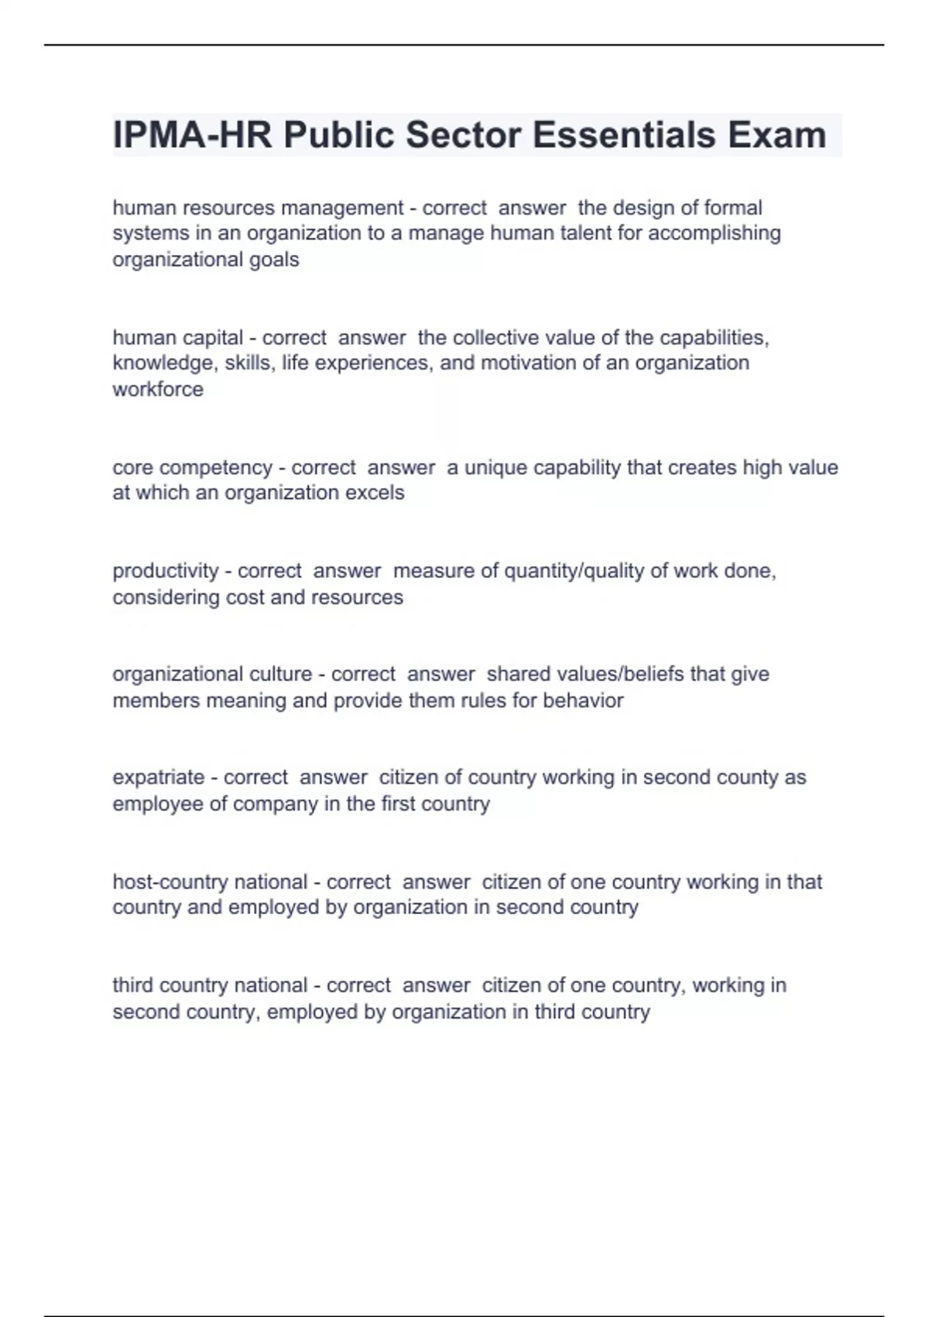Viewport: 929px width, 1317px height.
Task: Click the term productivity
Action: tap(165, 571)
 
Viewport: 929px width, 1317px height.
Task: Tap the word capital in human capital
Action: tap(210, 338)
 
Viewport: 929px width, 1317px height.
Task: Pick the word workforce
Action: tap(158, 389)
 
